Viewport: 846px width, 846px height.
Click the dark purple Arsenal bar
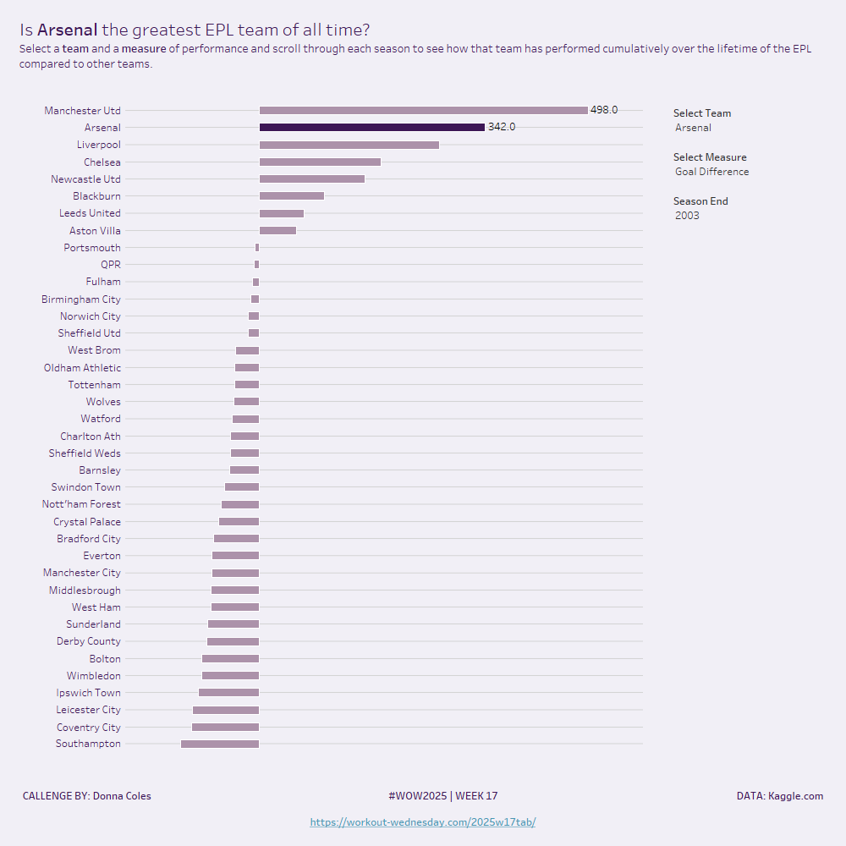click(x=371, y=128)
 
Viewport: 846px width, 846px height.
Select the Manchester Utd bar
click(x=423, y=111)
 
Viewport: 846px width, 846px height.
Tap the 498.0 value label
click(x=604, y=110)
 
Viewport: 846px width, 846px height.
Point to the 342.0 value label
click(x=502, y=128)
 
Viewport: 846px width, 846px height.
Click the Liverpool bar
click(x=349, y=145)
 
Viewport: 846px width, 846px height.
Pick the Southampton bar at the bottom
click(x=220, y=744)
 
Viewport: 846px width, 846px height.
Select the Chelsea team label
click(x=102, y=162)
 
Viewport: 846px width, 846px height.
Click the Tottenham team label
click(x=94, y=385)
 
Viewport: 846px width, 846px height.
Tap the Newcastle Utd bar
click(x=311, y=179)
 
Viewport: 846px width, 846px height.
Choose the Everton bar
click(x=235, y=556)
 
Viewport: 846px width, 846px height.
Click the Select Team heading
click(x=702, y=113)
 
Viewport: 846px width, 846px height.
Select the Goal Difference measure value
click(x=711, y=173)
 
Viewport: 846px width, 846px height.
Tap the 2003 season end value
click(x=687, y=216)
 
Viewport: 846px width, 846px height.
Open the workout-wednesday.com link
click(x=423, y=822)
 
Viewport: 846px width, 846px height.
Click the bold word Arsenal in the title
click(x=67, y=30)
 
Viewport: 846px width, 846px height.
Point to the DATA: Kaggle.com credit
click(x=779, y=796)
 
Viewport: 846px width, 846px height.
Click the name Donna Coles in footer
click(x=122, y=796)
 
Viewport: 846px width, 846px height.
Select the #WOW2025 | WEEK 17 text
click(x=443, y=796)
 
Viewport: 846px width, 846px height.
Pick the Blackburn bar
click(x=291, y=196)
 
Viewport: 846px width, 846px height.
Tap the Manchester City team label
click(x=82, y=574)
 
